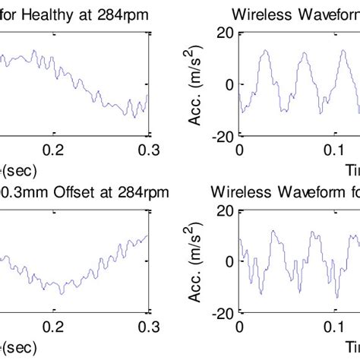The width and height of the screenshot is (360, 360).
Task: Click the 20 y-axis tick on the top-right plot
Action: click(225, 32)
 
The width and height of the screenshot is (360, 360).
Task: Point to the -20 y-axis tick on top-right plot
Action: click(222, 136)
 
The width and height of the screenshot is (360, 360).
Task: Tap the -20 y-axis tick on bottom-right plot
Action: click(222, 312)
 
